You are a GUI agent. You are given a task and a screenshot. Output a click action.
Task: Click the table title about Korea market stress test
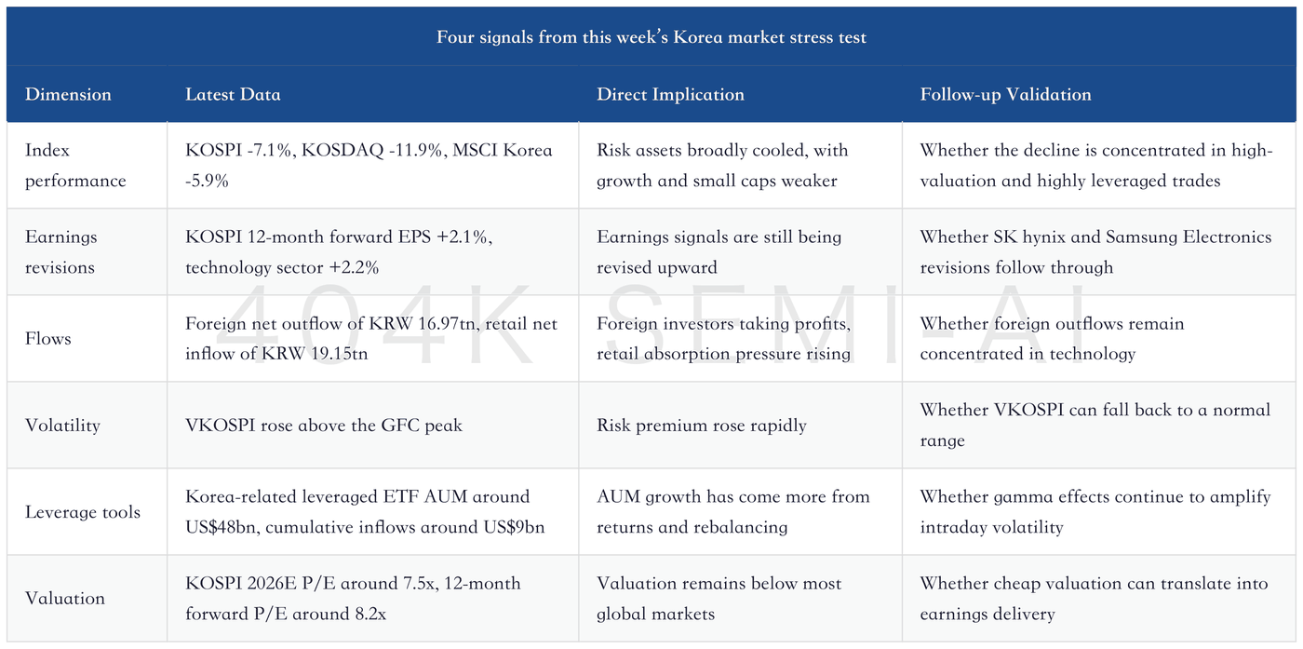point(651,37)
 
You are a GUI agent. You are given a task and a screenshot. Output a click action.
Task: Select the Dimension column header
point(68,94)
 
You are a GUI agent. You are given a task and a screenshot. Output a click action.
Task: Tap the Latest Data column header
point(233,94)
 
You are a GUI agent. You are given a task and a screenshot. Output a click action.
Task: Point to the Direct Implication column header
point(670,94)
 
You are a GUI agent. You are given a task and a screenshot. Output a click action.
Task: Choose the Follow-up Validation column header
point(1005,94)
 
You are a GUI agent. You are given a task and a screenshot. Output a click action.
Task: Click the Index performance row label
point(75,166)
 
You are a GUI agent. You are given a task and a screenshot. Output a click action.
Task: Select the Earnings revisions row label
point(61,252)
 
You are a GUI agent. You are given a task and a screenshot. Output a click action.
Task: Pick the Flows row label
point(48,339)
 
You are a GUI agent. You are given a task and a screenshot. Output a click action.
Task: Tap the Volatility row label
point(63,426)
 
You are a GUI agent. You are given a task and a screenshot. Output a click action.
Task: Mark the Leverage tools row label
point(83,512)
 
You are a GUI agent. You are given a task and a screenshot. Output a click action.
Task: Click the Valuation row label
point(65,599)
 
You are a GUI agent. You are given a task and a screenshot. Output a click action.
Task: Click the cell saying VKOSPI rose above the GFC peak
point(324,426)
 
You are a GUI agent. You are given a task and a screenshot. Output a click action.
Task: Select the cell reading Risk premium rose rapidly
point(702,426)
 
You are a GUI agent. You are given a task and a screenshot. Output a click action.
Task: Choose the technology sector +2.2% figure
point(282,267)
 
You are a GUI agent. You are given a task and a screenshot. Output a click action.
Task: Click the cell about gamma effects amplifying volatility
point(1095,512)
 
